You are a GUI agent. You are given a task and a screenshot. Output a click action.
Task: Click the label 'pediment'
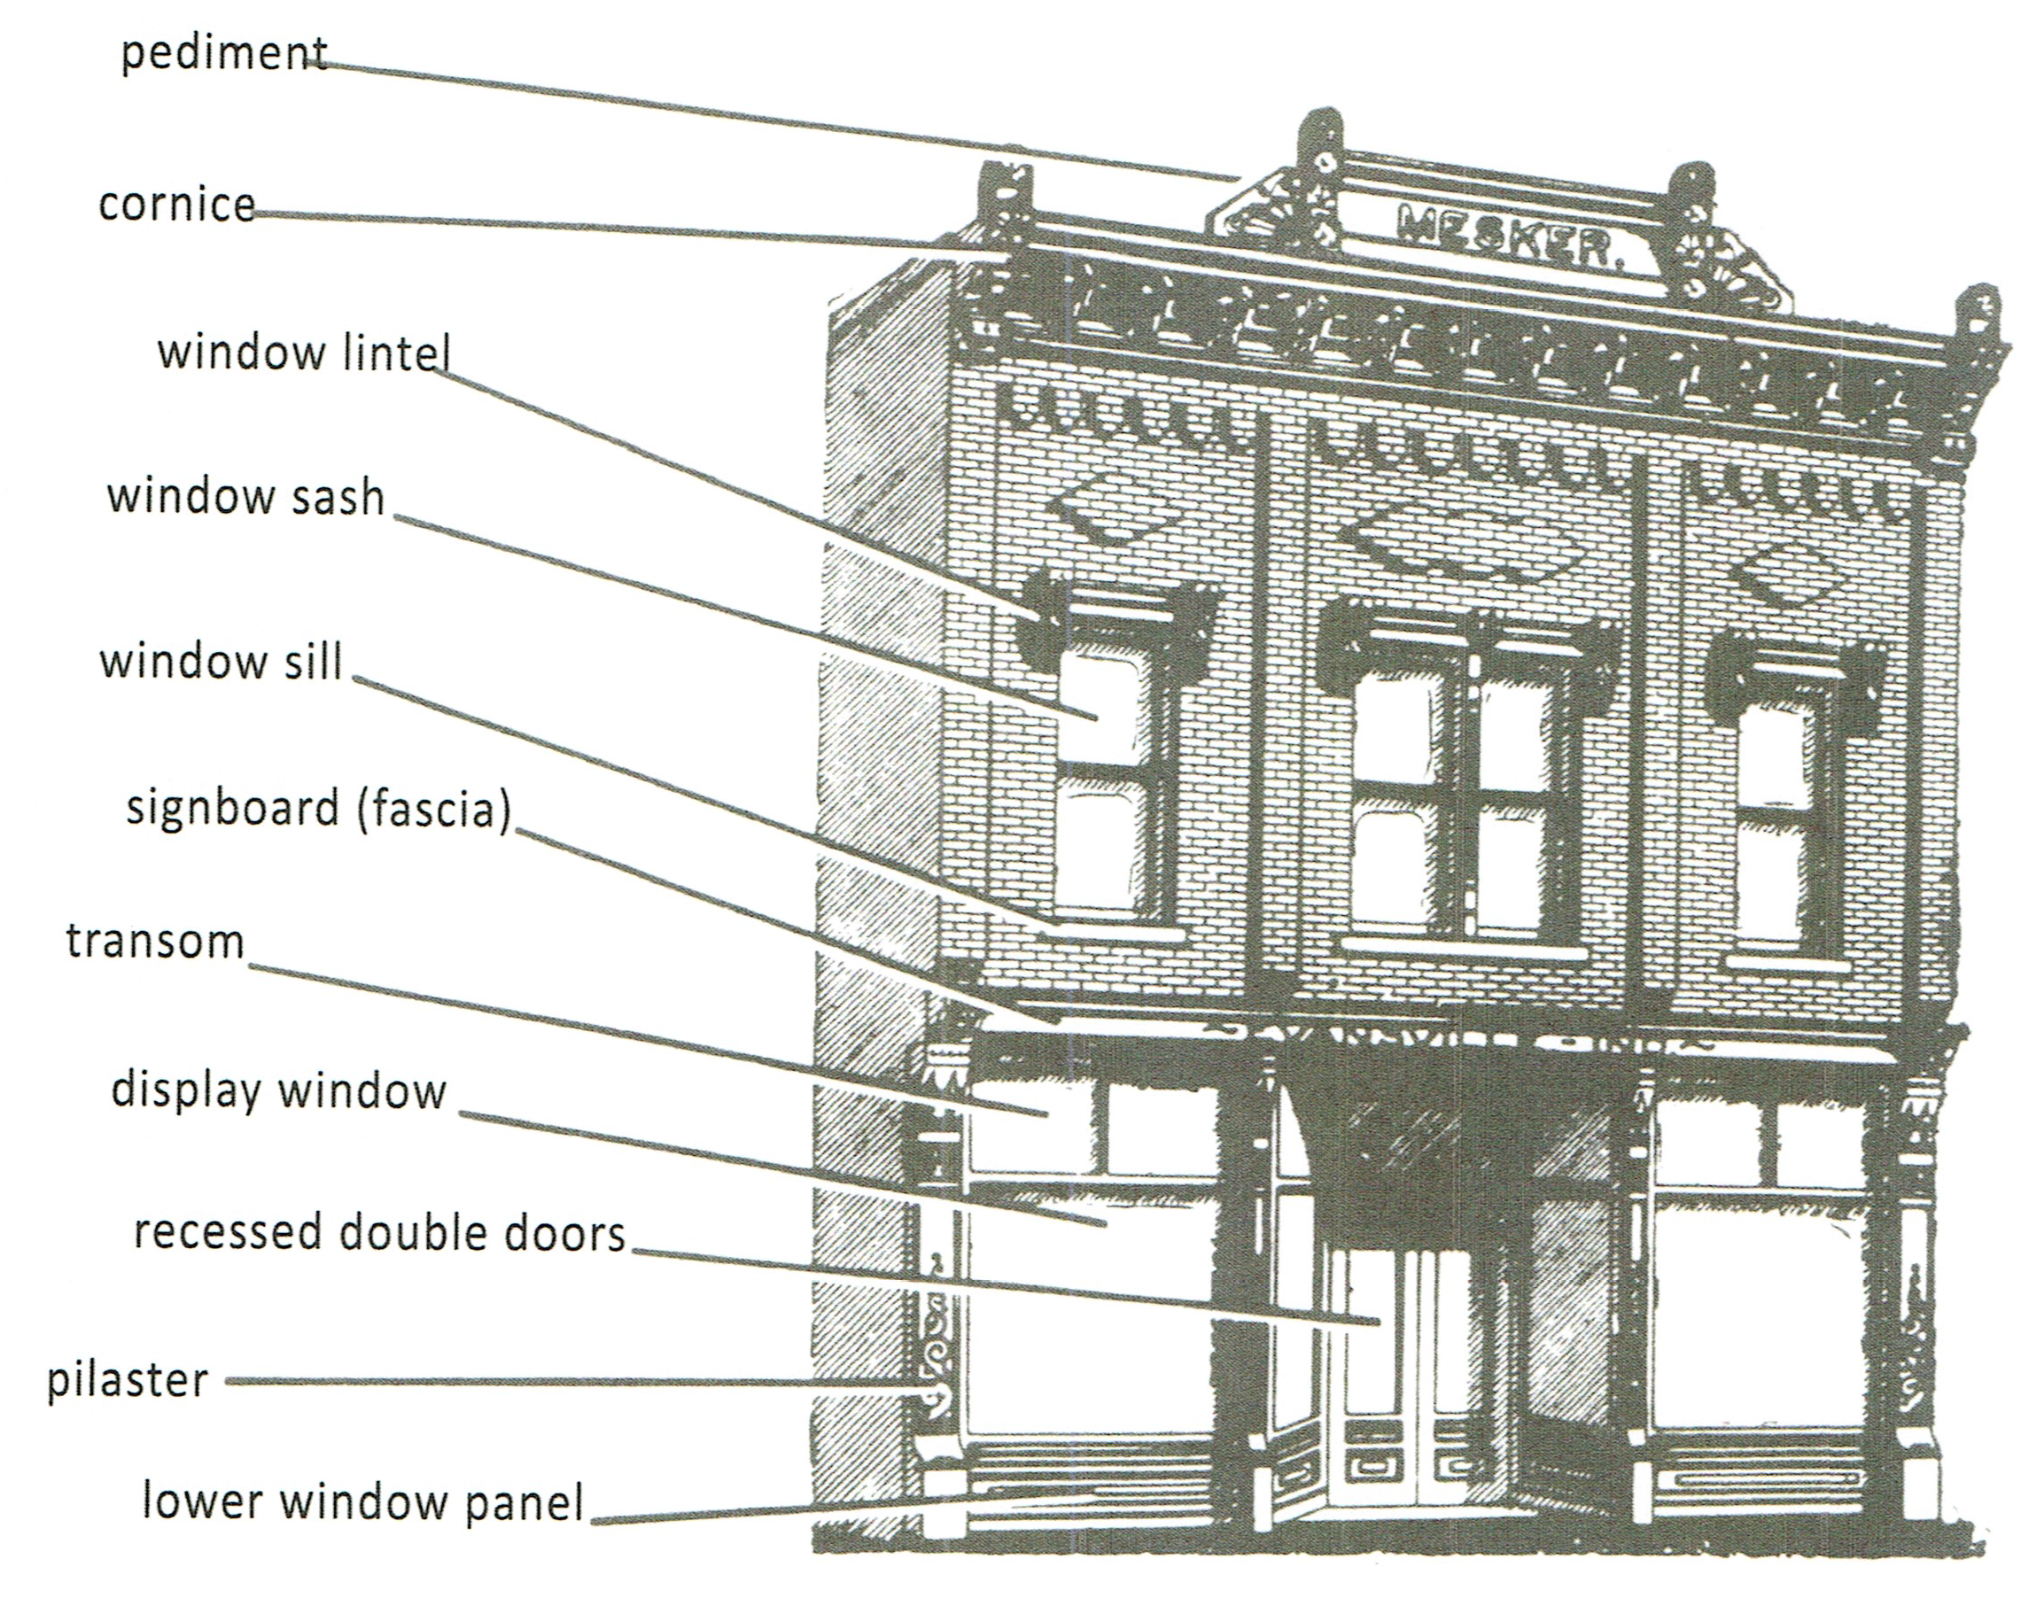click(x=224, y=54)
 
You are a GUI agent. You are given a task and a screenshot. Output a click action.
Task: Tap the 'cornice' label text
click(x=177, y=205)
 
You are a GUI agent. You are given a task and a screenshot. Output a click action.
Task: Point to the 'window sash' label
click(x=246, y=497)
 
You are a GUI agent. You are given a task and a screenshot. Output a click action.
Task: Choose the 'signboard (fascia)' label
click(x=319, y=810)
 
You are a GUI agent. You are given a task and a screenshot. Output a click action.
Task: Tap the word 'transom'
click(x=155, y=942)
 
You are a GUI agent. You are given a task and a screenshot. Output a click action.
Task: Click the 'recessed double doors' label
click(x=380, y=1233)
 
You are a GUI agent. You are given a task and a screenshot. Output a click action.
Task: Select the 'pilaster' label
click(x=128, y=1381)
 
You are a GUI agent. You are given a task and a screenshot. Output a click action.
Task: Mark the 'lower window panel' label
click(x=363, y=1502)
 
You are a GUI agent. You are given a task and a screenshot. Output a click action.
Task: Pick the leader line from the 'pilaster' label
click(x=562, y=1381)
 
